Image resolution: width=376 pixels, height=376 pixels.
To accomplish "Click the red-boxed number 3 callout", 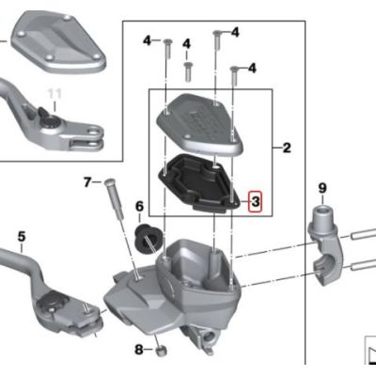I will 257,201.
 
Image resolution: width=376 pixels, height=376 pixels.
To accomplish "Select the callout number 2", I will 287,148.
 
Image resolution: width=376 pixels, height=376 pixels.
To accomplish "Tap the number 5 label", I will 21,236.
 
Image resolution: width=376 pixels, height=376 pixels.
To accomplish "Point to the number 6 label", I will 139,206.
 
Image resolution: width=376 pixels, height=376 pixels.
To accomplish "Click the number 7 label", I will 87,181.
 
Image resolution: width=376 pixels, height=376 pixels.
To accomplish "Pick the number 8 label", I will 138,350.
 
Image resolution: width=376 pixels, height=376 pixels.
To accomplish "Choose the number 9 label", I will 322,188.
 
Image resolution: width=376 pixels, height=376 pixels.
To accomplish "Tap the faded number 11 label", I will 53,94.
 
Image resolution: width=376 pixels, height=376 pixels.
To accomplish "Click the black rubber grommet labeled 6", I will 147,237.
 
